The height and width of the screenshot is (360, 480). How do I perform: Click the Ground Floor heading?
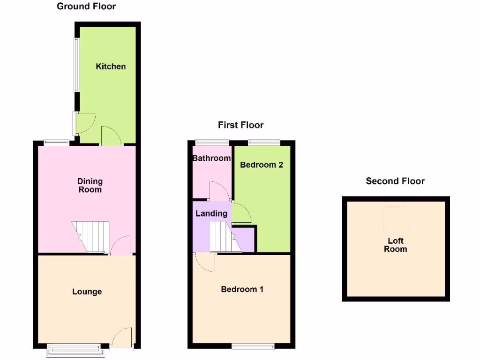coord(86,6)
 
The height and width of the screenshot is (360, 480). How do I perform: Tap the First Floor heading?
coord(240,125)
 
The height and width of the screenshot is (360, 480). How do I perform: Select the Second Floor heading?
coord(395,181)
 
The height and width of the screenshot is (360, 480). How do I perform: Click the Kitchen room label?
coord(111,67)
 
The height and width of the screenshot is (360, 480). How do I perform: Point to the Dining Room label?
coord(90,186)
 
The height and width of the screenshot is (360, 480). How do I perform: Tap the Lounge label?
coord(87,292)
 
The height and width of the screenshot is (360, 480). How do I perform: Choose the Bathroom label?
coord(211,158)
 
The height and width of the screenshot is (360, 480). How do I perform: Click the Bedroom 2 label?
coord(262,165)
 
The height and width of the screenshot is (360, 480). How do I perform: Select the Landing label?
coord(211,214)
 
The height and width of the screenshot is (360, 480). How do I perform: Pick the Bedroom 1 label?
coord(242,289)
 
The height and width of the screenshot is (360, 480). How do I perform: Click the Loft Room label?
coord(395,245)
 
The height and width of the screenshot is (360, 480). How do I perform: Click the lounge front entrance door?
coord(122,337)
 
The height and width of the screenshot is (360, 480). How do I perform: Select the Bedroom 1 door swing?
coord(204,263)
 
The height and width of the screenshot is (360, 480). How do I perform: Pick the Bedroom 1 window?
coord(253,346)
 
